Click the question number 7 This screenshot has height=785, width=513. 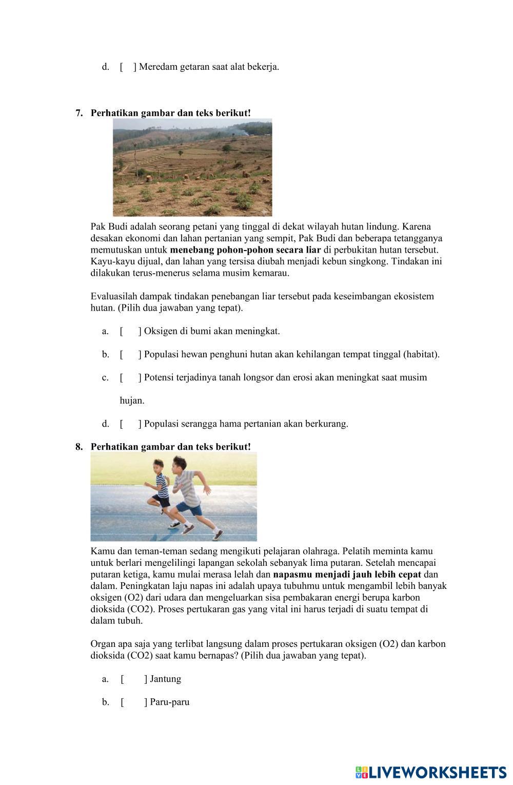pos(79,113)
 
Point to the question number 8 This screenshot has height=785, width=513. pos(79,447)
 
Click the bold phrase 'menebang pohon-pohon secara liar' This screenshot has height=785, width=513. pos(245,250)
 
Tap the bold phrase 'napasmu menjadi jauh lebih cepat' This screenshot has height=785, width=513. pos(347,575)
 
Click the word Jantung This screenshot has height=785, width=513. pos(166,679)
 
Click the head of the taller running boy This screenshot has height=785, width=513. pos(178,468)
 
